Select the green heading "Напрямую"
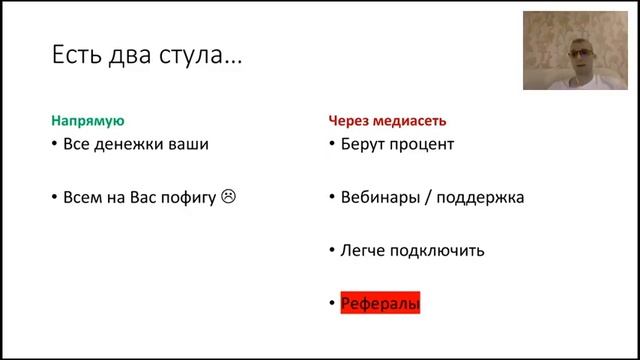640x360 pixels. [88, 121]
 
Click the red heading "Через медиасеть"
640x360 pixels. [388, 121]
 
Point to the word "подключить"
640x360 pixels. [438, 250]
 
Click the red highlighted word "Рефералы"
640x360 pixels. [380, 303]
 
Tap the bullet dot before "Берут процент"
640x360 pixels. [332, 145]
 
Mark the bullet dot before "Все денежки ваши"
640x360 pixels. [54, 145]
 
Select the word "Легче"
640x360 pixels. [362, 250]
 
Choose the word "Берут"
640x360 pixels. [362, 144]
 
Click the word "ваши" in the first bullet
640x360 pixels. [191, 144]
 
